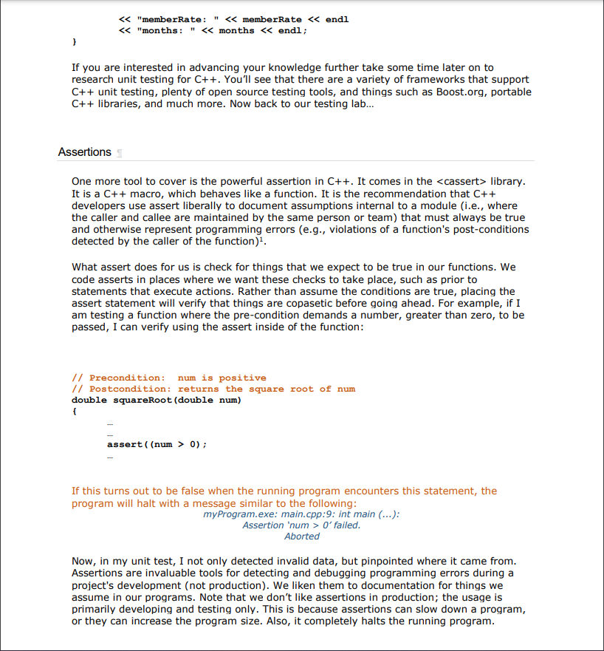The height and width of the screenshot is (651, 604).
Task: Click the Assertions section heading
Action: [84, 152]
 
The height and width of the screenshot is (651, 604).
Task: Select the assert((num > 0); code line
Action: [157, 444]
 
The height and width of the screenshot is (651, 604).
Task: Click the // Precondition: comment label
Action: [118, 378]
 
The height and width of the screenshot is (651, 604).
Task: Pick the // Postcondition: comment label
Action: [121, 389]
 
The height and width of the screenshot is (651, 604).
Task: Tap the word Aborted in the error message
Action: [302, 536]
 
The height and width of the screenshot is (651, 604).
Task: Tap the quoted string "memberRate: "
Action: [165, 19]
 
